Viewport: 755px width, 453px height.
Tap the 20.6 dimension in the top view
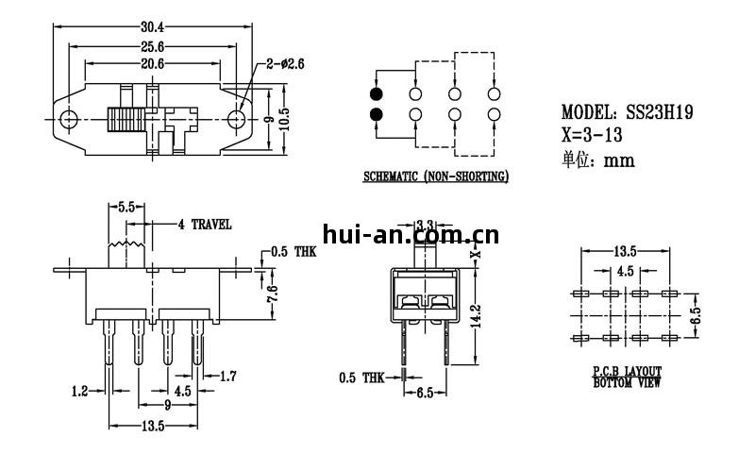tap(153, 63)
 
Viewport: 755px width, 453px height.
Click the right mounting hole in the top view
tap(237, 120)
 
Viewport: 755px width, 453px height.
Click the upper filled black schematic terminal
tap(377, 94)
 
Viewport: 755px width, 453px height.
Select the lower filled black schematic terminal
tap(377, 115)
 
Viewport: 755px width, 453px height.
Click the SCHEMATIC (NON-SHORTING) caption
tap(435, 176)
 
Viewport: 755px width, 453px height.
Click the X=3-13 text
tap(597, 134)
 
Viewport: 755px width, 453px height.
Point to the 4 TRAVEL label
tap(204, 225)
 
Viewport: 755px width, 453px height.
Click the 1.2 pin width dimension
tap(81, 389)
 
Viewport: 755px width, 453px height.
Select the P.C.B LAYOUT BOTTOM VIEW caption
tap(627, 377)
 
